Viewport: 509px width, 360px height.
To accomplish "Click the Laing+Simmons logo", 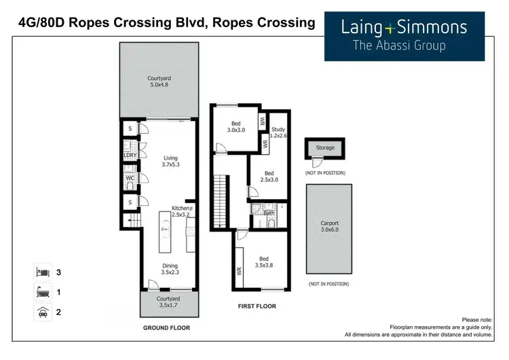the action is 404,37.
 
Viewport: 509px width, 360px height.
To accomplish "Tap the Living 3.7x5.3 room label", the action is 170,162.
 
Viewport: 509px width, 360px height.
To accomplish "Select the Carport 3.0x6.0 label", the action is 329,226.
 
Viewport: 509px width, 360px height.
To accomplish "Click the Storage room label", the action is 325,148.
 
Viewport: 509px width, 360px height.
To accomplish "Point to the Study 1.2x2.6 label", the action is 278,132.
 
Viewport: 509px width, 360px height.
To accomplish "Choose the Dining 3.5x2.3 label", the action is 170,269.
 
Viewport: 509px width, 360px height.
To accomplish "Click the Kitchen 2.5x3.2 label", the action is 181,211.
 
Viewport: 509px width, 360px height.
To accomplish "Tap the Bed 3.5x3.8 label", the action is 264,262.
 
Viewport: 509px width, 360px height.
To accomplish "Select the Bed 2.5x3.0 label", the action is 269,177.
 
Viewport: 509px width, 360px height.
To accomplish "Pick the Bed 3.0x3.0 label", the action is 236,127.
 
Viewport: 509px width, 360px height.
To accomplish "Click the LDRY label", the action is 130,156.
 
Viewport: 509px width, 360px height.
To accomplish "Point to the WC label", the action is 130,178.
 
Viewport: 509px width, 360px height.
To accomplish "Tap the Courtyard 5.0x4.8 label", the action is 159,82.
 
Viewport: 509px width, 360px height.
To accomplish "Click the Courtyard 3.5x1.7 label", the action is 168,302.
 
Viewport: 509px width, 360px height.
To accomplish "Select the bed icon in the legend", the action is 43,272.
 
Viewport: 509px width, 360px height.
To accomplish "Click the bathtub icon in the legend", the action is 43,292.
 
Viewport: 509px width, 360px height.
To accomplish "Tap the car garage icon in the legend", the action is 43,312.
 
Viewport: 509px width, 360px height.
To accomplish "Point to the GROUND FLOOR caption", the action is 166,328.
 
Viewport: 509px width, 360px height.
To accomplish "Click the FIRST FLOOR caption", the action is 257,306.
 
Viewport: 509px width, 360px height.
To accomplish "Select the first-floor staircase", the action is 219,201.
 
